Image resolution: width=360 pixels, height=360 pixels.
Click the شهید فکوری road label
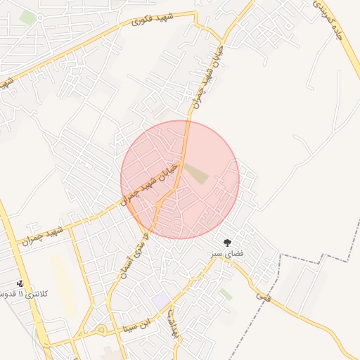151,20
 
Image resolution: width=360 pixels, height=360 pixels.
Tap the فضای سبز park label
227,252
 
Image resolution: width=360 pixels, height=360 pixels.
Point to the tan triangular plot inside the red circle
196,172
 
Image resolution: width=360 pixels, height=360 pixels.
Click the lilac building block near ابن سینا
160,300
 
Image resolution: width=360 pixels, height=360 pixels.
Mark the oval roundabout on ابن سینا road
101,330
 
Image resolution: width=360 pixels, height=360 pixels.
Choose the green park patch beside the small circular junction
27,18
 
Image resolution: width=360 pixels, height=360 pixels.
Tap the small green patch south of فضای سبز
226,294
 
